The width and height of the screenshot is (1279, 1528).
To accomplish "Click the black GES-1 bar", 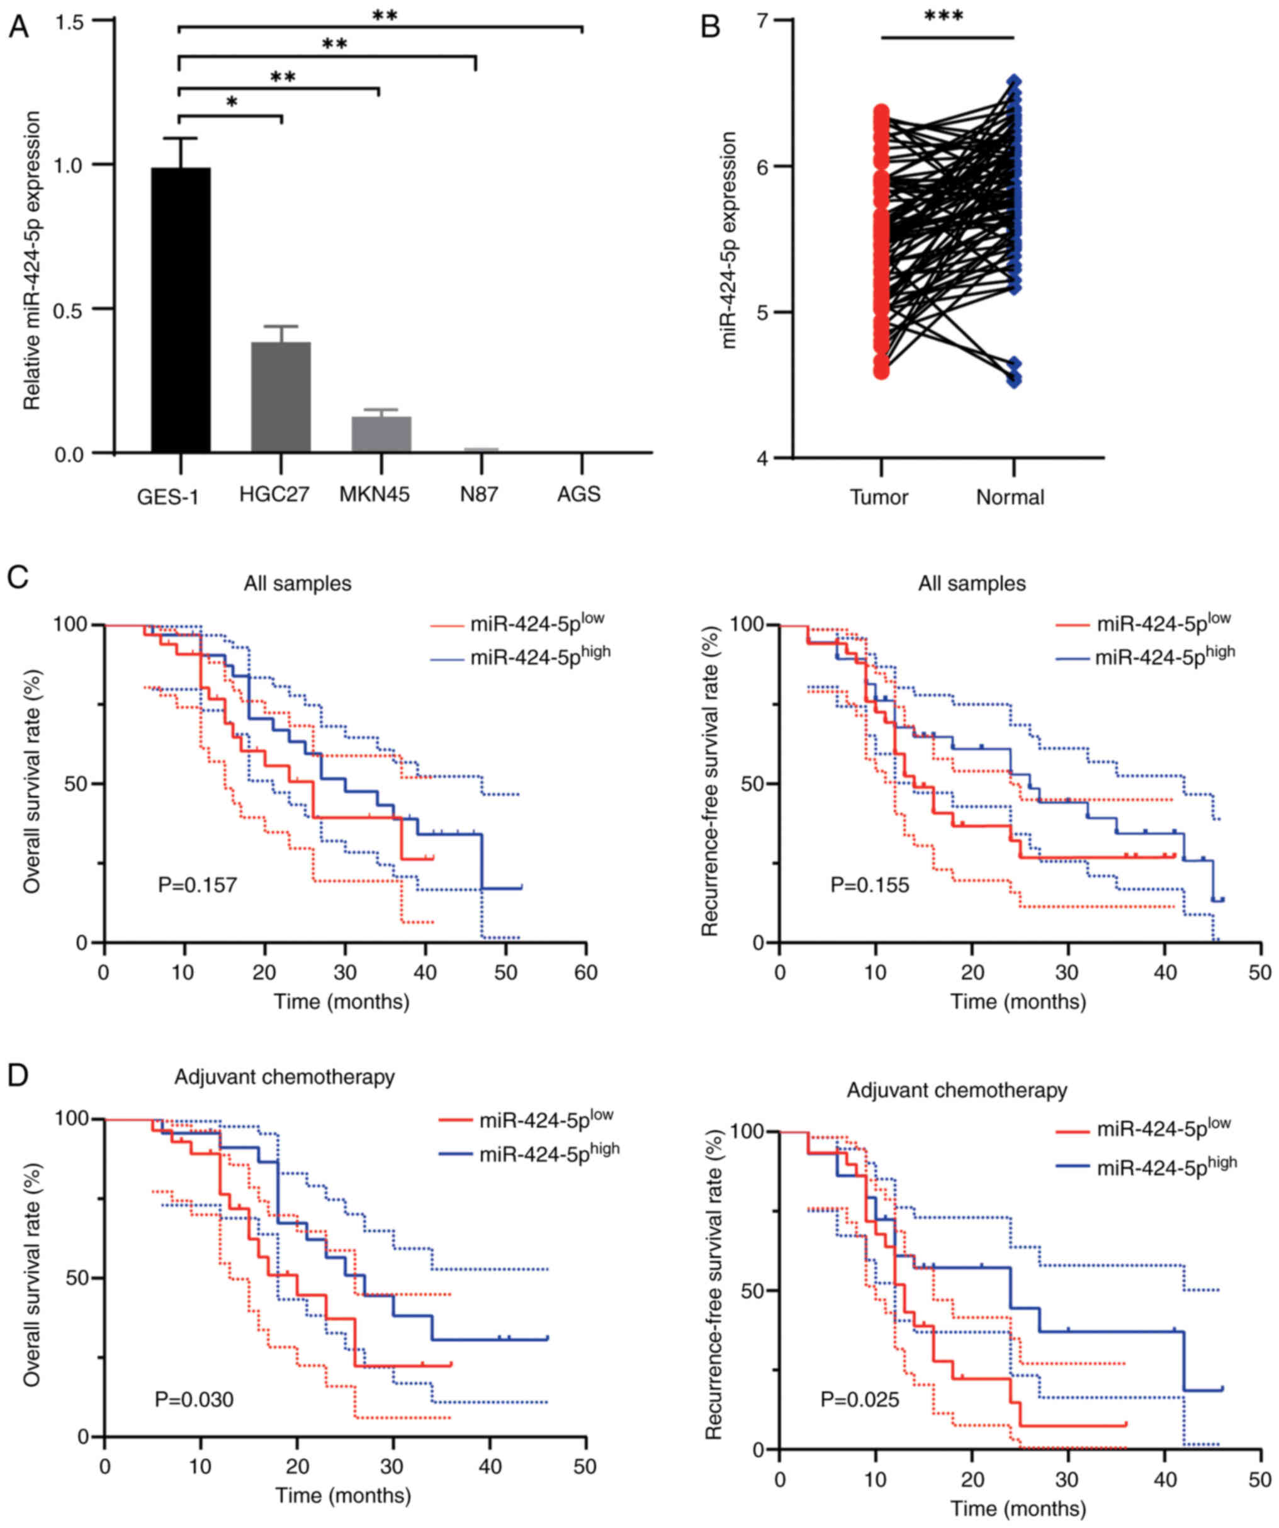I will (x=181, y=310).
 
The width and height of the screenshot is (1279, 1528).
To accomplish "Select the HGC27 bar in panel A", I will (x=281, y=397).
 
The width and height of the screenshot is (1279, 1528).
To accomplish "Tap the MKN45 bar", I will (x=381, y=434).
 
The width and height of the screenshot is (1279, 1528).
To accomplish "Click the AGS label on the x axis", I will (x=578, y=495).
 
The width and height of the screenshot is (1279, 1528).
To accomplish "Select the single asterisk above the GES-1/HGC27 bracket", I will (x=232, y=103).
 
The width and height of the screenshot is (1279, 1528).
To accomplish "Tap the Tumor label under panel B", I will (x=879, y=498).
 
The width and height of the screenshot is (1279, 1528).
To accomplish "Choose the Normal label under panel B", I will (x=1010, y=498).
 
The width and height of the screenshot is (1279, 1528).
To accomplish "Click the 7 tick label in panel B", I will (x=762, y=20).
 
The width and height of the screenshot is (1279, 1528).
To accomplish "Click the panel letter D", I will (x=18, y=1075).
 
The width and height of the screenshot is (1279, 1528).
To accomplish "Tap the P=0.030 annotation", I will (x=194, y=1399).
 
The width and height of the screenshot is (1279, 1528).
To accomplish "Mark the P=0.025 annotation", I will (x=860, y=1399).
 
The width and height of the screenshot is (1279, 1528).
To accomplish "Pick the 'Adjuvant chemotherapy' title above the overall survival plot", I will (x=285, y=1077).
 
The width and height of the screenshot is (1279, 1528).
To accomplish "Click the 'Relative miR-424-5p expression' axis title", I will (x=32, y=261).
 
